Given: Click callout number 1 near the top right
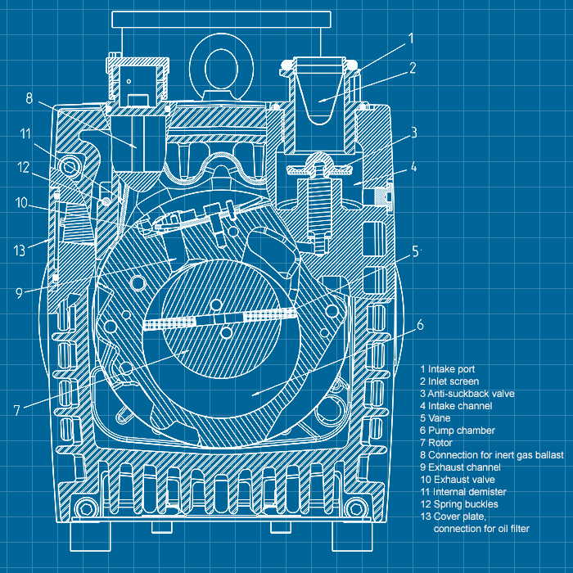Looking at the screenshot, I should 410,38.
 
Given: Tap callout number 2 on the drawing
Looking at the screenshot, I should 413,69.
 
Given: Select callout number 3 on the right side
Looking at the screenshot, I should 414,132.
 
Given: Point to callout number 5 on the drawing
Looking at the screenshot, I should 415,251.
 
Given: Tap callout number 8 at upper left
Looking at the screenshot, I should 29,99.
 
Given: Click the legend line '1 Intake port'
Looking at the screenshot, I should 447,369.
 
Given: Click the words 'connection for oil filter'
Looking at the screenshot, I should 481,529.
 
